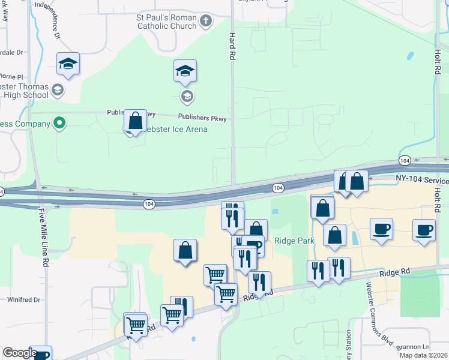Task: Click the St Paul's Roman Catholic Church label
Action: point(167,22)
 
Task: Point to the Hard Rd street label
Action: point(231,46)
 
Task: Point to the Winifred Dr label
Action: point(23,299)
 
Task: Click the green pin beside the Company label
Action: point(59,124)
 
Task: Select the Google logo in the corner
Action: point(19,353)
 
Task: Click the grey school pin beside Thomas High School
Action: point(58,91)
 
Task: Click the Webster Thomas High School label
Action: point(24,91)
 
